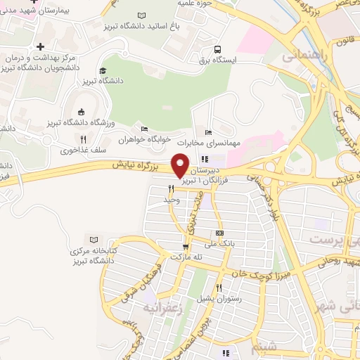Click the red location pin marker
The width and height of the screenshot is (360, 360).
point(181,165)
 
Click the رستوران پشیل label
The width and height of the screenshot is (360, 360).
point(218,298)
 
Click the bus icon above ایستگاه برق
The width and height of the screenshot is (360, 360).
point(219,50)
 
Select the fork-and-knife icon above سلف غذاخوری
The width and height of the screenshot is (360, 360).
point(83,139)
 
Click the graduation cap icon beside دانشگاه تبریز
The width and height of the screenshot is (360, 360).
point(103,70)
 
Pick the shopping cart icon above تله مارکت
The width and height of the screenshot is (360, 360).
point(186,247)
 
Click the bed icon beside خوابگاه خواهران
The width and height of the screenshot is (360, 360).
point(144,129)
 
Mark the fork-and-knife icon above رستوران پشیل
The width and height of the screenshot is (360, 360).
point(219,287)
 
